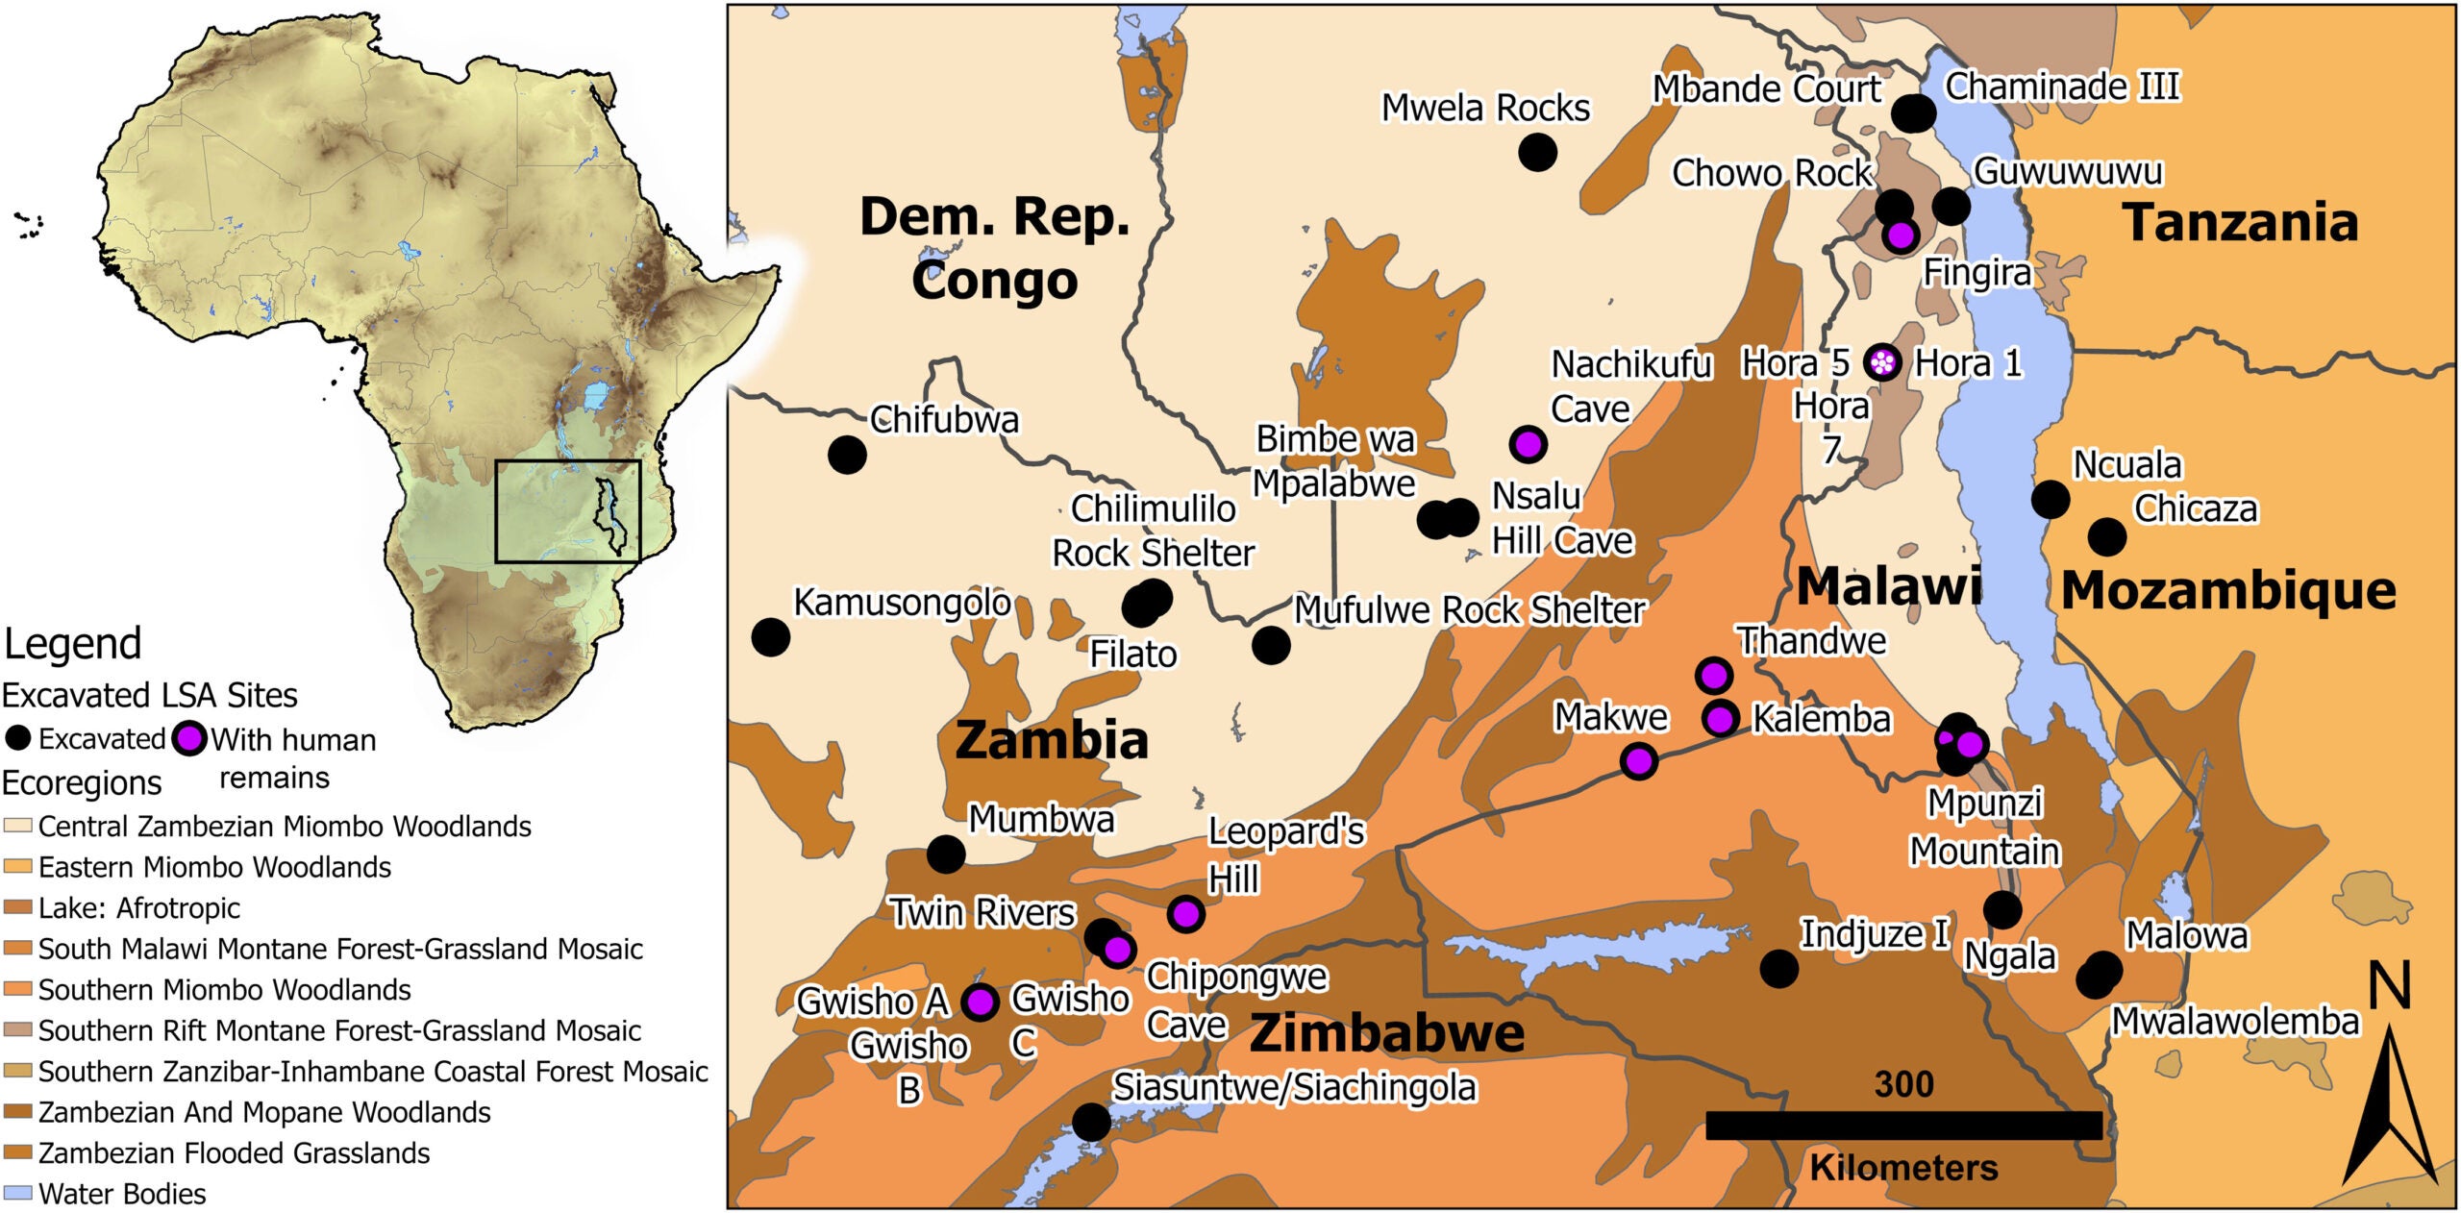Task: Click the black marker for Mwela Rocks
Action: tap(1537, 152)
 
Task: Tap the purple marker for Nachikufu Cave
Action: tap(1528, 444)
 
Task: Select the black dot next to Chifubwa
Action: tap(847, 454)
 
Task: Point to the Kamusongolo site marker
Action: tap(770, 636)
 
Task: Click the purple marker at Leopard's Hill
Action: tap(1186, 913)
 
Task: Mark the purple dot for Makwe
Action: tap(1639, 761)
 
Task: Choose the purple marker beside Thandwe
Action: tap(1714, 676)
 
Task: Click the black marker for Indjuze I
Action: tap(1778, 968)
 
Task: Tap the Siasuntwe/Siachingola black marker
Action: tap(1091, 1121)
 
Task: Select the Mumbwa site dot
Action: tap(946, 854)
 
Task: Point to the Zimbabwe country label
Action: tap(1386, 1033)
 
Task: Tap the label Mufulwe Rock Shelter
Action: tap(1469, 610)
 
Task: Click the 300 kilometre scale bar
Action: tap(1903, 1126)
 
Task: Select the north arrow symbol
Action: tap(2387, 1105)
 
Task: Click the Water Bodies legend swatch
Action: tap(18, 1194)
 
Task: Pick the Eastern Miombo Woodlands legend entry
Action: tap(213, 867)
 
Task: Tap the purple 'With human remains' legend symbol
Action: tap(190, 739)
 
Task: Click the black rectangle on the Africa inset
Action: tap(567, 510)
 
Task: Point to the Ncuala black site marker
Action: tap(2050, 499)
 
